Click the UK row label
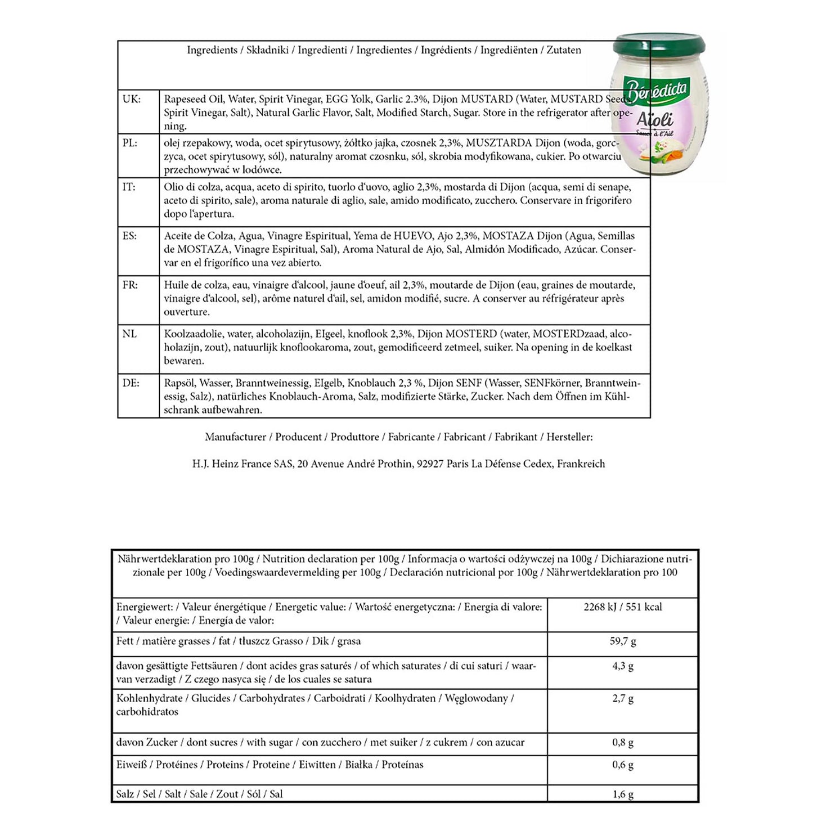132,99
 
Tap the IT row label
129,187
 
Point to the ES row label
129,236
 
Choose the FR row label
130,285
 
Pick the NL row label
129,334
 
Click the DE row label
131,383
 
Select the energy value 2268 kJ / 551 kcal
623,607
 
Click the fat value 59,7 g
623,641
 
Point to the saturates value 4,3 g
623,666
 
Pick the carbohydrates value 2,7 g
623,699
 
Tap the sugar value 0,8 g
623,743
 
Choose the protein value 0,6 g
623,765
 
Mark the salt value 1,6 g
623,794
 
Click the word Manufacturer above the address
235,437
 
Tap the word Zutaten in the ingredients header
564,50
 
